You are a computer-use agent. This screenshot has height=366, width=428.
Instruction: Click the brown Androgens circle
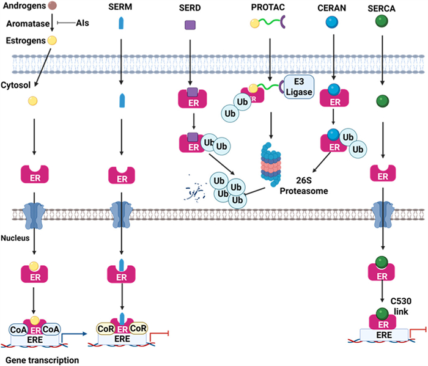[53, 6]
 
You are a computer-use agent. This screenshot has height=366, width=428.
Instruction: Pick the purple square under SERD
[190, 26]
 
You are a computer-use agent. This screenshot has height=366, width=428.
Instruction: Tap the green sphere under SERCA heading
[383, 24]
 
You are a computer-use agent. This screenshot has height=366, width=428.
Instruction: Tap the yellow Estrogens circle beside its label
[53, 41]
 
